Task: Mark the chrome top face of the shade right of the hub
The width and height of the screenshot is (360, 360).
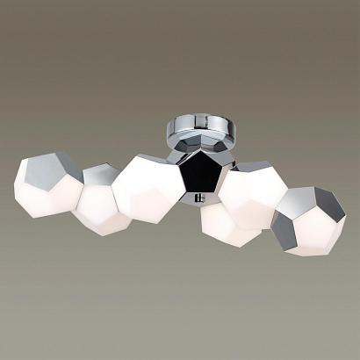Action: pyautogui.click(x=255, y=168)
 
